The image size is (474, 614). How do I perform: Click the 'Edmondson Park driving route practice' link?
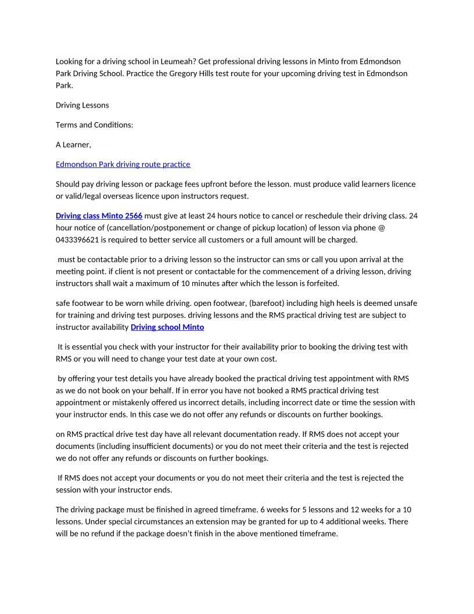click(x=123, y=165)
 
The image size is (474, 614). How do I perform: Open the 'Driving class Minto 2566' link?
click(x=99, y=216)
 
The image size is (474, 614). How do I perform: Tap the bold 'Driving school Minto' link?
click(x=167, y=327)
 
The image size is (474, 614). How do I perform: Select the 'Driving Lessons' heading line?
click(x=82, y=105)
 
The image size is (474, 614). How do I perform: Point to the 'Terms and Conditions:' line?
click(x=94, y=125)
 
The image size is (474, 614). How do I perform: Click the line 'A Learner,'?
click(x=73, y=145)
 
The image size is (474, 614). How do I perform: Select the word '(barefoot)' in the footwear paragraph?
click(x=267, y=304)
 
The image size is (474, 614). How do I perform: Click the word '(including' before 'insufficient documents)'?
click(x=113, y=447)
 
